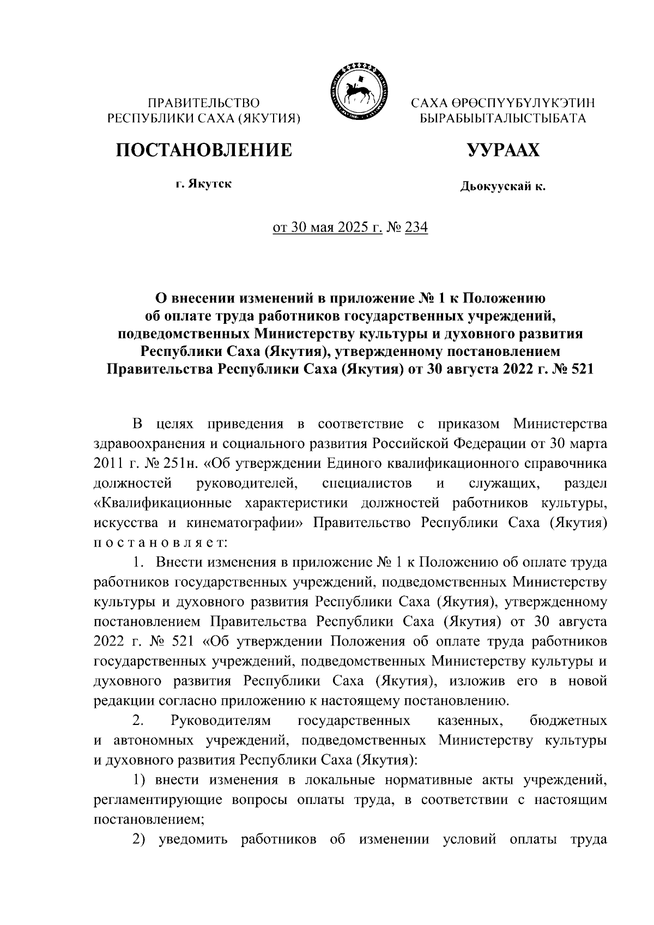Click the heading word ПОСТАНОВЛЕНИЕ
pyautogui.click(x=203, y=150)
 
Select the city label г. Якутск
pyautogui.click(x=203, y=184)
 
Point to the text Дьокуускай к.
pyautogui.click(x=502, y=187)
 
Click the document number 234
pyautogui.click(x=416, y=227)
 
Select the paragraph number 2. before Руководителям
pyautogui.click(x=138, y=721)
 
